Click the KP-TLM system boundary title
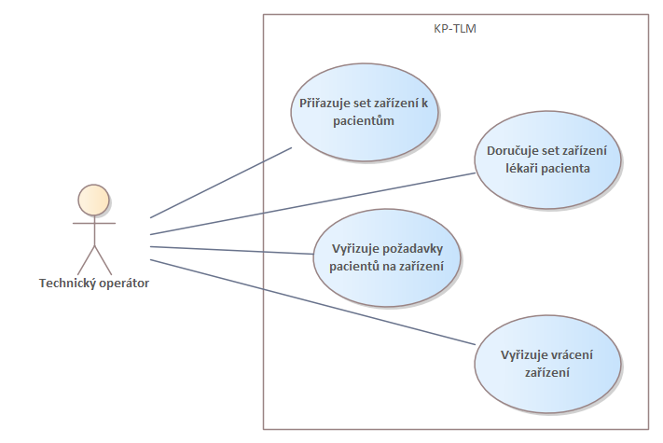pos(456,28)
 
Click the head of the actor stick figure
pos(92,200)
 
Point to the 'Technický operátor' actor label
pos(93,284)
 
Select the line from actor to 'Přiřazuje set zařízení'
pos(221,181)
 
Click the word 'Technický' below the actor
pos(66,284)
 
